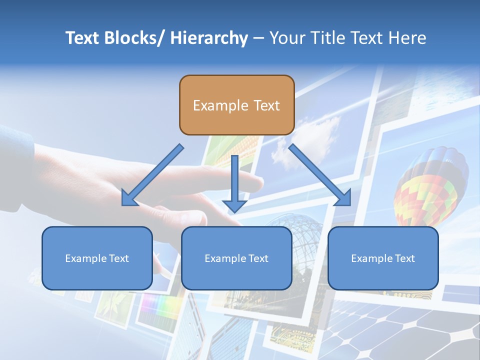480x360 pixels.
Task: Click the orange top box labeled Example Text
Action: click(x=236, y=105)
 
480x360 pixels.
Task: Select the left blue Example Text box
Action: click(x=97, y=258)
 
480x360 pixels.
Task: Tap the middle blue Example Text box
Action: click(x=236, y=258)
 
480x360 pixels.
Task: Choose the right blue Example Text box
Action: click(x=383, y=258)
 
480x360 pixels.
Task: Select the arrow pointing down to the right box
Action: click(x=320, y=175)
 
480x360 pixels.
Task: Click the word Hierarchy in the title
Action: click(x=209, y=38)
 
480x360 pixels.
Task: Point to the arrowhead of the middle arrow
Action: click(x=234, y=205)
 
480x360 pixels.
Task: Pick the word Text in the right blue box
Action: click(x=404, y=258)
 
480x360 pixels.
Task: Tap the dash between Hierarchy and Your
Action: click(x=258, y=38)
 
